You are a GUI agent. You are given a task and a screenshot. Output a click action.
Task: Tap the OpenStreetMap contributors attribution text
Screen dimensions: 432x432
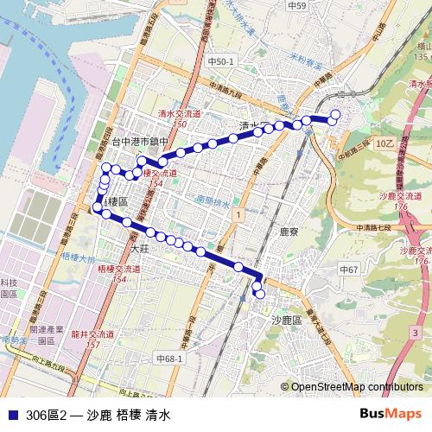[357, 388]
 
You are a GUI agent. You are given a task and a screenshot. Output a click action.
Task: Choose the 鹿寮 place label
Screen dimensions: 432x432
[289, 232]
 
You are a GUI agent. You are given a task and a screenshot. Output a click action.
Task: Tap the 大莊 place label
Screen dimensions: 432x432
[138, 247]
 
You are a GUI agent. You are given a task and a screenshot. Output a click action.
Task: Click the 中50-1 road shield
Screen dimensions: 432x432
[221, 62]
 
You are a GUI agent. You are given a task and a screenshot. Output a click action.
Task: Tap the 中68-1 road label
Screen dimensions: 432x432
[168, 358]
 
